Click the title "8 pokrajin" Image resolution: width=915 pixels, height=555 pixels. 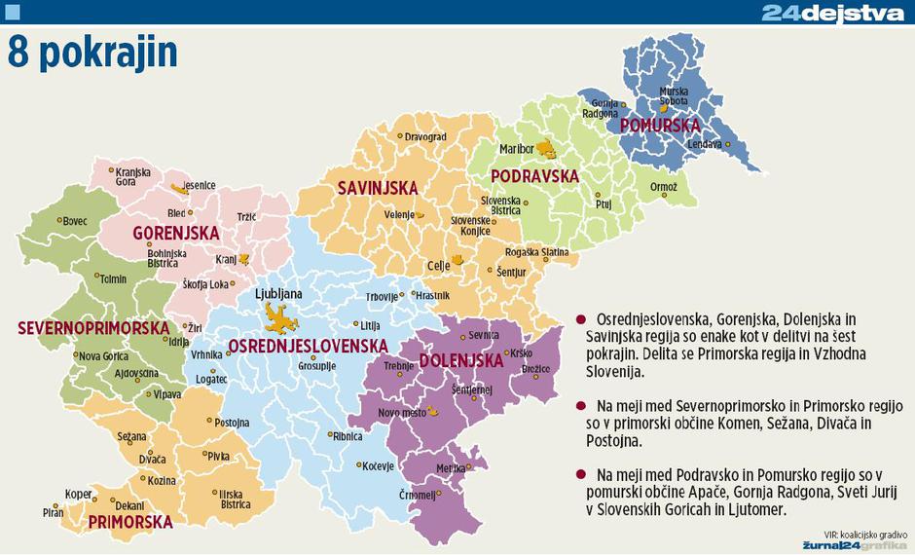pos(93,55)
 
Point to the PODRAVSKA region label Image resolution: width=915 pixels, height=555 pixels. pos(533,176)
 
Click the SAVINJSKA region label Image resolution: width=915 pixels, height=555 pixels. pos(378,187)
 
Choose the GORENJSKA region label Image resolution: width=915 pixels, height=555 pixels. pos(176,235)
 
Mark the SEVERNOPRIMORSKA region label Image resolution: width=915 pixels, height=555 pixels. pos(93,328)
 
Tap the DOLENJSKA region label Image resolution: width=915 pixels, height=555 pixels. pos(461,360)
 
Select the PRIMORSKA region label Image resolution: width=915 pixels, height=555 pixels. pos(130,522)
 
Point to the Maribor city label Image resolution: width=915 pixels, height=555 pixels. pos(516,150)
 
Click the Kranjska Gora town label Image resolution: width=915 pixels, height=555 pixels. pos(132,176)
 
